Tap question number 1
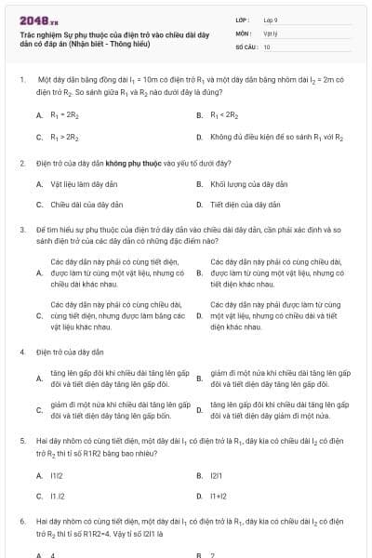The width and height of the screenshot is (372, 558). [x=21, y=80]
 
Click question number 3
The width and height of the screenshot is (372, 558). [x=21, y=228]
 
